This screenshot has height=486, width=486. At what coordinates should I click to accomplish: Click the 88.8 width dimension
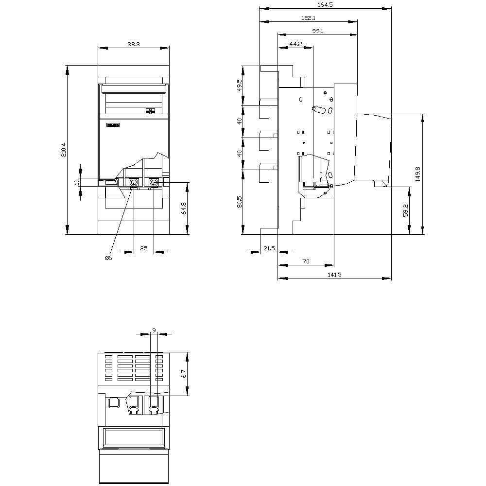(x=134, y=44)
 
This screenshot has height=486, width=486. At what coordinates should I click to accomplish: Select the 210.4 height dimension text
(x=64, y=150)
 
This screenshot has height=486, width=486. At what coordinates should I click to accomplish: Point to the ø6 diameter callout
(x=108, y=258)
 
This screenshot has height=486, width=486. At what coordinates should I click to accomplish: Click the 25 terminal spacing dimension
(x=143, y=248)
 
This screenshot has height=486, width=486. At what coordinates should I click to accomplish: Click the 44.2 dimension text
(x=295, y=44)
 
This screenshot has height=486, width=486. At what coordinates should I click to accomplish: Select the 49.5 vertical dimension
(x=239, y=86)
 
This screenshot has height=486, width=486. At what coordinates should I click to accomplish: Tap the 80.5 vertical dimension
(x=239, y=202)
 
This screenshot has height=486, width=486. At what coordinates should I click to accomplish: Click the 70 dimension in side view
(x=306, y=261)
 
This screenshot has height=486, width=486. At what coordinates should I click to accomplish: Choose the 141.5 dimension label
(x=334, y=275)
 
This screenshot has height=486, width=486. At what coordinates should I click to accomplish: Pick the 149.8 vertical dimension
(x=418, y=174)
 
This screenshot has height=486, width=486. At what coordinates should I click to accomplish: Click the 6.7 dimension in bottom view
(x=183, y=374)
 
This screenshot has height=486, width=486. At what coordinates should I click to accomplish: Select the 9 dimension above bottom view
(x=154, y=330)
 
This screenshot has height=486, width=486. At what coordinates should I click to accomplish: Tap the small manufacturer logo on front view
(x=112, y=125)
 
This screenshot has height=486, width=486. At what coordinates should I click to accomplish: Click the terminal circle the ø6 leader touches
(x=133, y=183)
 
